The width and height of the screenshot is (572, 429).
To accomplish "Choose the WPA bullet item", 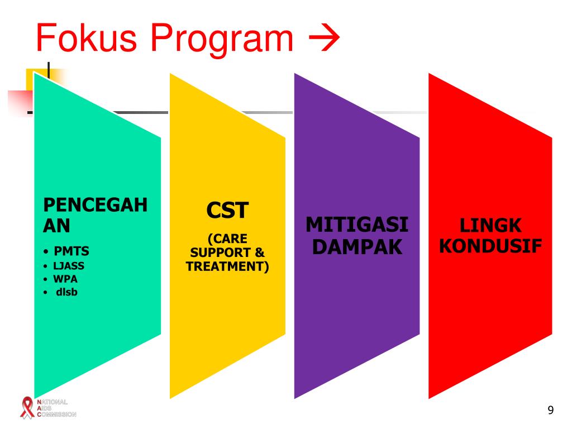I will coord(66,278).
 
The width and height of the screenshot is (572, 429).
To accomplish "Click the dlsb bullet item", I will coord(66,290).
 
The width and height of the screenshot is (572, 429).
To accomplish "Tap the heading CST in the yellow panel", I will coord(226,211).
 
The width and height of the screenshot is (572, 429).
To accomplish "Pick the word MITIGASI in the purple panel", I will coord(357,226).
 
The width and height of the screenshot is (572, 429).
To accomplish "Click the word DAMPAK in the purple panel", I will coord(357,246).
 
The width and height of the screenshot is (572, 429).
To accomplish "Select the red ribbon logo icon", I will coord(26,407).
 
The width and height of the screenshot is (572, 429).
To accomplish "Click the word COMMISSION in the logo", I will coord(56,414).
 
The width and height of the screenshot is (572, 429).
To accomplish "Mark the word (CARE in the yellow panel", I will coord(227,239).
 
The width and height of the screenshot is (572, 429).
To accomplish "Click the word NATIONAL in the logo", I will coord(52,402).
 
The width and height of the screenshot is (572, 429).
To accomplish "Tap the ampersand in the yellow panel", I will coord(260,253).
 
